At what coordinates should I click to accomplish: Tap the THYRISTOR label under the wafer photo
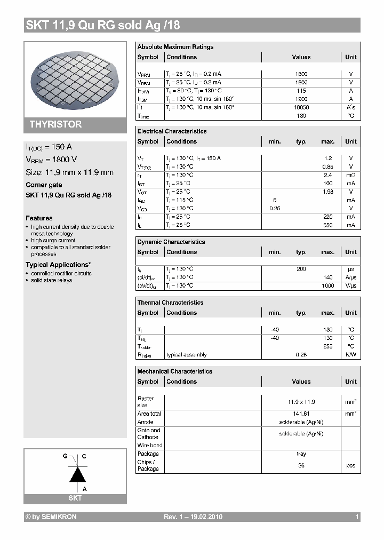tap(55, 124)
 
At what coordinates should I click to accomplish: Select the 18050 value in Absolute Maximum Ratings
tap(301, 107)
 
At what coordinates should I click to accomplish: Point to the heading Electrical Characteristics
tap(172, 131)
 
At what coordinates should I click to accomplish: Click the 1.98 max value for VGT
tap(327, 192)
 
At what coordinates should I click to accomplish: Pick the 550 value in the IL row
tap(327, 225)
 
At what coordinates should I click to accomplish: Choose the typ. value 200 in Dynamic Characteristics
tap(301, 269)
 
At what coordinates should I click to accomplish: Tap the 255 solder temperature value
tap(327, 346)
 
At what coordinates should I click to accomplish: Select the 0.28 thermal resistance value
tap(301, 355)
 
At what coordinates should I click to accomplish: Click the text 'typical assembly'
tap(186, 355)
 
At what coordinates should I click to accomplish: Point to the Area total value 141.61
tap(301, 414)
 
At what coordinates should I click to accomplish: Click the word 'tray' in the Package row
tap(301, 454)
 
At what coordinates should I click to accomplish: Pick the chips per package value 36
tap(301, 465)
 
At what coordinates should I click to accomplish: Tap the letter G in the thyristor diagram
tap(65, 457)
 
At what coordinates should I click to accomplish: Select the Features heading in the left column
tap(39, 218)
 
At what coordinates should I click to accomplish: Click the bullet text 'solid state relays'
tap(51, 280)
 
